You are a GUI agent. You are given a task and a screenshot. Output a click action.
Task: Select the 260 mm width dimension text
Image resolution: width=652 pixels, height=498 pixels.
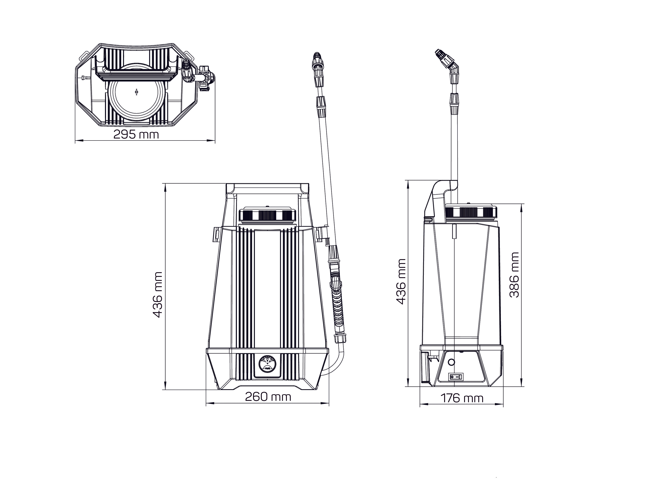[x=268, y=397]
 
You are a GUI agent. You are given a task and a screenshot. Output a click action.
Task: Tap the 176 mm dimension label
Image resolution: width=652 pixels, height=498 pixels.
[x=462, y=398]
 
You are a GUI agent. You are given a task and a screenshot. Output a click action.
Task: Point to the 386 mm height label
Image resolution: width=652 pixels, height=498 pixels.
[x=514, y=275]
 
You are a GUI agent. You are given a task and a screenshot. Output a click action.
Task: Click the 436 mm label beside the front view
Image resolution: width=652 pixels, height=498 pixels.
[x=157, y=295]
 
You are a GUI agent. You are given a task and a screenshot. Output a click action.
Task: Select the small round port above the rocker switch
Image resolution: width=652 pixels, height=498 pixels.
[x=451, y=362]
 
